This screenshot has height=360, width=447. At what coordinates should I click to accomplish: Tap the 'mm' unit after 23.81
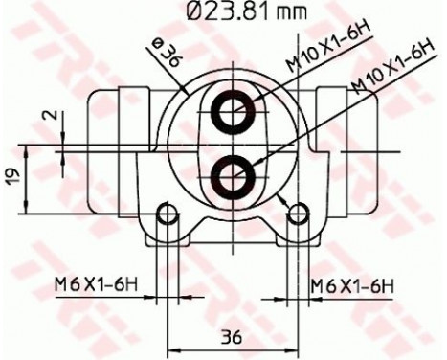pyautogui.click(x=286, y=14)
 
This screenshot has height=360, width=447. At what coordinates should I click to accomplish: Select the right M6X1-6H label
pyautogui.click(x=354, y=284)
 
